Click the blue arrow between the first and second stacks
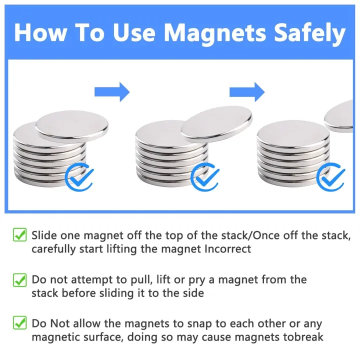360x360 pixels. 112,91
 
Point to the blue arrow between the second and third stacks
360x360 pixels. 247,91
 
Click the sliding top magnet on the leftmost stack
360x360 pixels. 72,125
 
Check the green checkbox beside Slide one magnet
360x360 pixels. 19,234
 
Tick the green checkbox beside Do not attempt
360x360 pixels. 19,279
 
